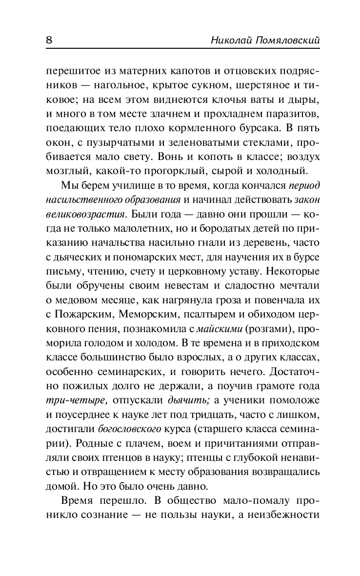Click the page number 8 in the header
pyautogui.click(x=48, y=40)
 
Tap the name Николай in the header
pyautogui.click(x=229, y=40)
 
